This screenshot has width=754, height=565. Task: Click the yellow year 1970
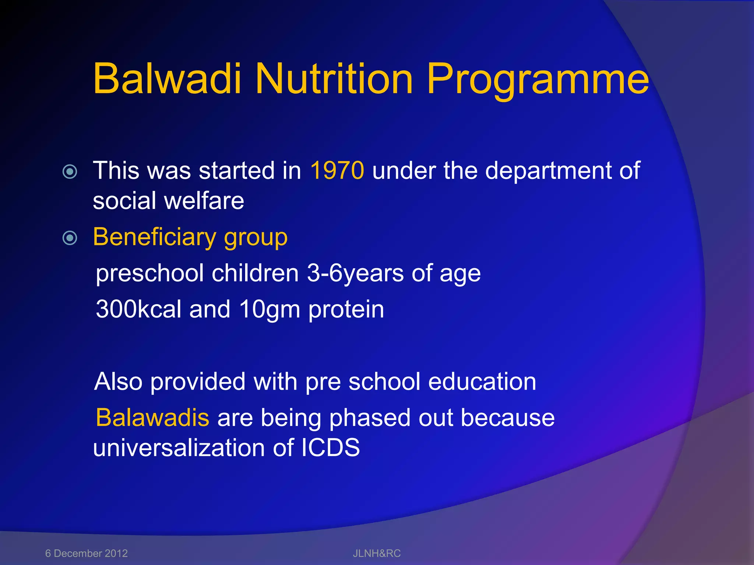337,171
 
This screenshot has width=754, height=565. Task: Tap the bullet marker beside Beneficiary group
70,238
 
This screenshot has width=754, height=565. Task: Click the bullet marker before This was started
70,171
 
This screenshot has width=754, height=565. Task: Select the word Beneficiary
154,237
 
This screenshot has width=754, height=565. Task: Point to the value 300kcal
138,309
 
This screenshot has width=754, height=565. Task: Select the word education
482,381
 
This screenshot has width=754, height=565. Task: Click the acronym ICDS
330,448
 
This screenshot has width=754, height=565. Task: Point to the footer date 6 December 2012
87,553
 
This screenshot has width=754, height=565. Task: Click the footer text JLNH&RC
377,553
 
